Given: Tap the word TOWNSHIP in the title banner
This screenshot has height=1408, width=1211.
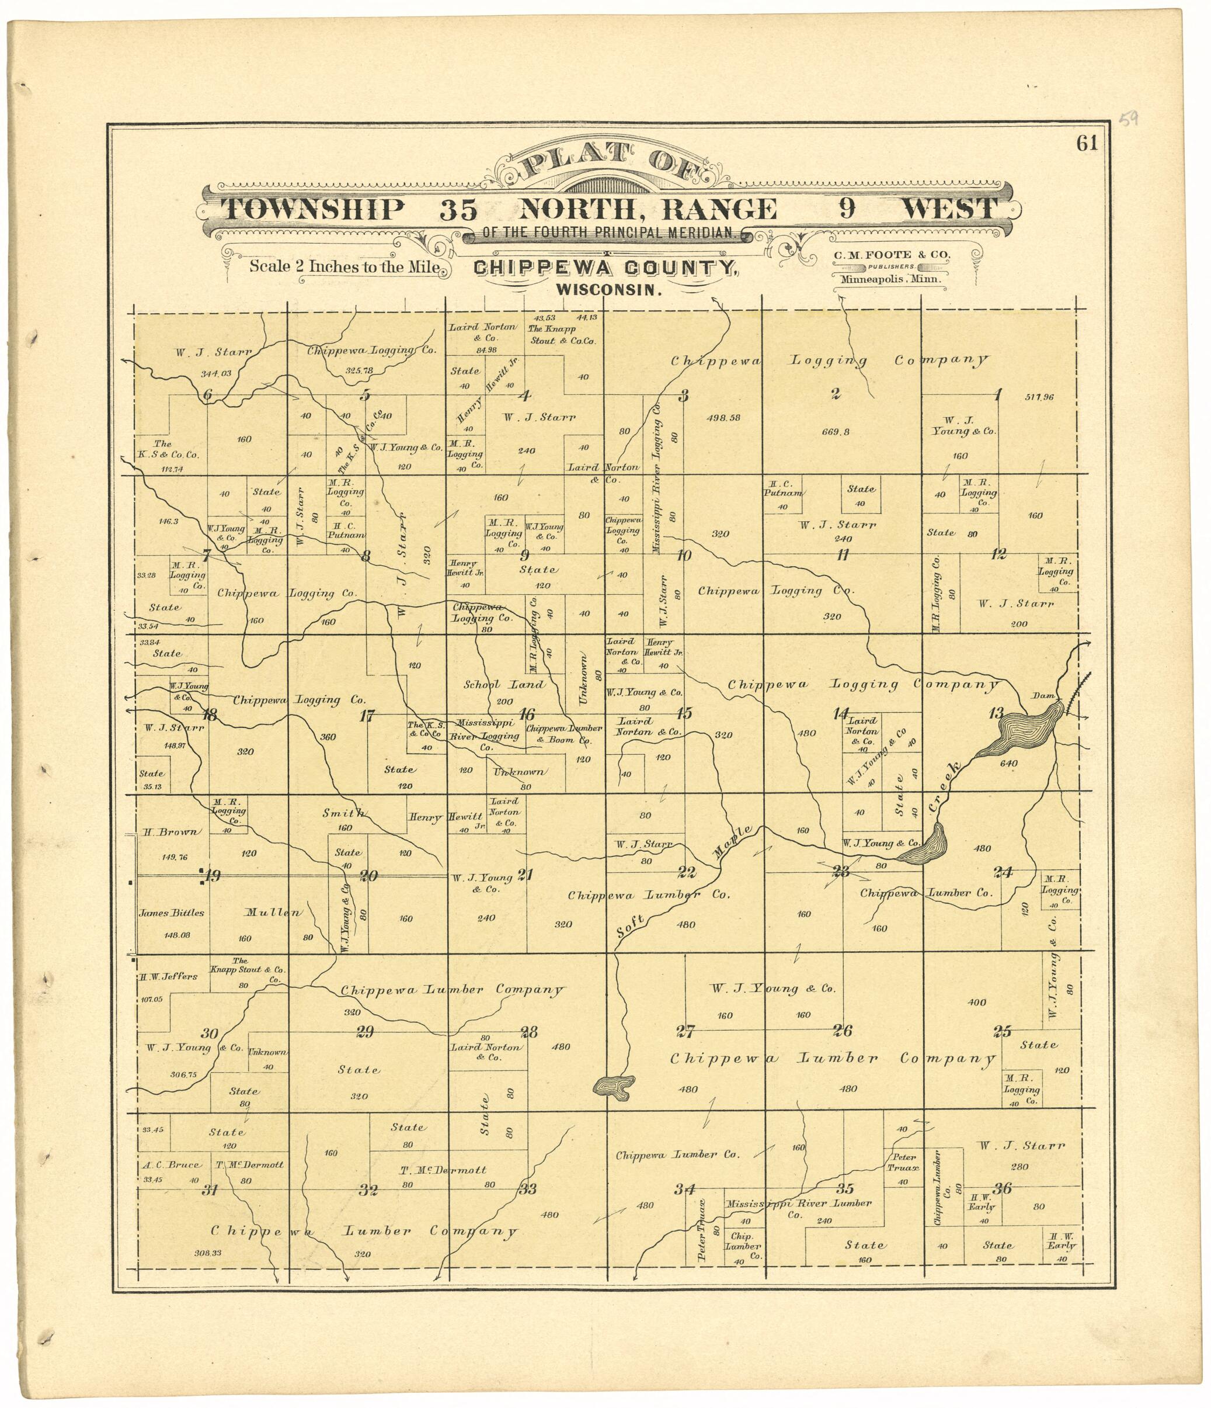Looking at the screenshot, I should pyautogui.click(x=312, y=209).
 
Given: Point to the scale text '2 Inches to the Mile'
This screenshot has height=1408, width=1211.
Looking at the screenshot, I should pyautogui.click(x=344, y=266).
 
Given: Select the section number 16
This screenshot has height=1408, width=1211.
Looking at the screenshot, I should pyautogui.click(x=526, y=714).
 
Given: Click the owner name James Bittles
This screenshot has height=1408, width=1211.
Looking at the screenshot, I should pyautogui.click(x=171, y=913).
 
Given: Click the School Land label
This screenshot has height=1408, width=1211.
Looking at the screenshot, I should pyautogui.click(x=504, y=685).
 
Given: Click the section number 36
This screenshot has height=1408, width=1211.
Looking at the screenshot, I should pyautogui.click(x=1003, y=1188).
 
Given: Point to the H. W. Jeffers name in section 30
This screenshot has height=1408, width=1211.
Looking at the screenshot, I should pyautogui.click(x=168, y=976).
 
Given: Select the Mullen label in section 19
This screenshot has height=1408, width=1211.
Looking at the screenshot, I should pyautogui.click(x=272, y=913).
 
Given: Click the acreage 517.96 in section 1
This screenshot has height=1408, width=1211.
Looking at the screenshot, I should pyautogui.click(x=1039, y=397).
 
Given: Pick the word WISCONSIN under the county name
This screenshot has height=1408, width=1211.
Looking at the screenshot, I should pyautogui.click(x=608, y=289).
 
